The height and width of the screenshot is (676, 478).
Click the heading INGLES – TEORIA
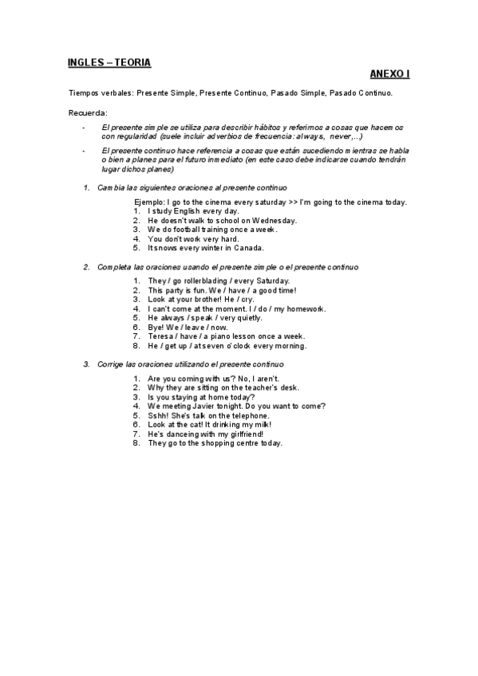click(x=109, y=61)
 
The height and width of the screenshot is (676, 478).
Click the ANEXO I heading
click(x=390, y=74)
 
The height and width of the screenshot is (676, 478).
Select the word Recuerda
click(x=88, y=112)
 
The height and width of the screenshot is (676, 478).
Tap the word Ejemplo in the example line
click(x=150, y=202)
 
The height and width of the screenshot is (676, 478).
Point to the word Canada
click(x=247, y=247)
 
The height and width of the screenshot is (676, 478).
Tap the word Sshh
click(x=158, y=415)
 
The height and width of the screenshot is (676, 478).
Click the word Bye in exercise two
click(x=156, y=327)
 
